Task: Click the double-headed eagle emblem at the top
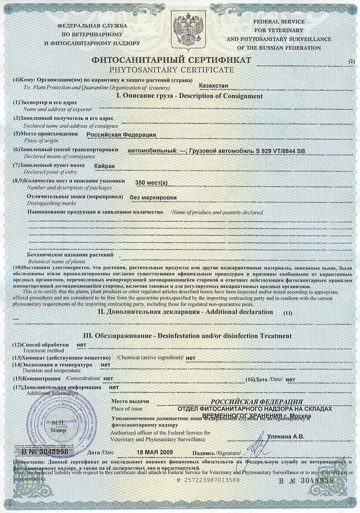(188, 30)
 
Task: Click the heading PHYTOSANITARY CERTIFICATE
(172, 70)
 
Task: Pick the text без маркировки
(153, 197)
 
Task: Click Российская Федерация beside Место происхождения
(121, 135)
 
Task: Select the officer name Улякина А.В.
(285, 437)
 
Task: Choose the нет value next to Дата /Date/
(291, 380)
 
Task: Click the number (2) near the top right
(351, 61)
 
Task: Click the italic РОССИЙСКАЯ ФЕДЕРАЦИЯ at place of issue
(257, 401)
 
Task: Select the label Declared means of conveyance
(57, 156)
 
